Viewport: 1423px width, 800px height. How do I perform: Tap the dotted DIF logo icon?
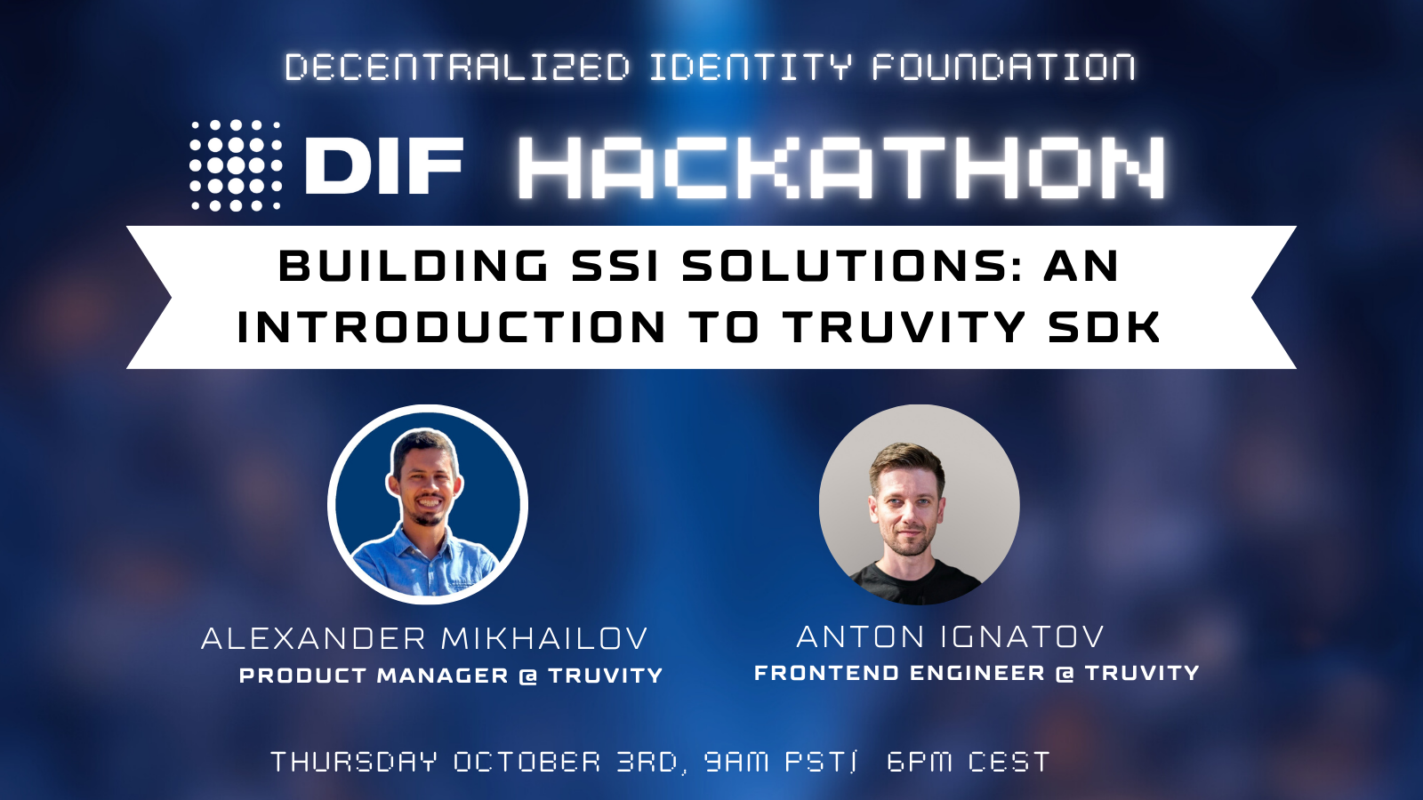pyautogui.click(x=236, y=165)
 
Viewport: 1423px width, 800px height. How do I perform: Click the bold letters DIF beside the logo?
pyautogui.click(x=384, y=166)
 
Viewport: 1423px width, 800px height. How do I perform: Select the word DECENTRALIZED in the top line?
pyautogui.click(x=457, y=68)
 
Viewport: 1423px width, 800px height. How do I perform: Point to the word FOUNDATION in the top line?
pyautogui.click(x=1003, y=68)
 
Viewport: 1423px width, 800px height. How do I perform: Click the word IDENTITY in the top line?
pyautogui.click(x=750, y=68)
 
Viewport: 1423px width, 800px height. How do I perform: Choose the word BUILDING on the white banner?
pyautogui.click(x=414, y=266)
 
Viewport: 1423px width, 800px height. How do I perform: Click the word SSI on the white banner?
pyautogui.click(x=615, y=266)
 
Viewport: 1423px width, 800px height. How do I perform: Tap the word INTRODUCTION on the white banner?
pyautogui.click(x=452, y=327)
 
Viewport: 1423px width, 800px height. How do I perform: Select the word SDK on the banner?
pyautogui.click(x=1105, y=327)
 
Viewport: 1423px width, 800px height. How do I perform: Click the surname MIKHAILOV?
pyautogui.click(x=544, y=638)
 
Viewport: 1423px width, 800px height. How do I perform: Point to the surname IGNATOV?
pyautogui.click(x=1022, y=636)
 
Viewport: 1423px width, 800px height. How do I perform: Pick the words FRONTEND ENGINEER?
pyautogui.click(x=899, y=673)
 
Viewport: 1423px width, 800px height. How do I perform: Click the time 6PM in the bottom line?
pyautogui.click(x=920, y=762)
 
